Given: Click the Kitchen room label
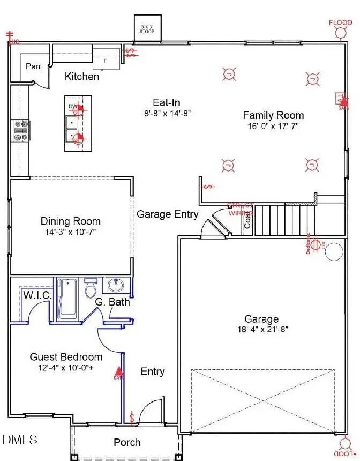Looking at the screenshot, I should point(82,77).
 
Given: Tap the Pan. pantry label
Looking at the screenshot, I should point(34,67).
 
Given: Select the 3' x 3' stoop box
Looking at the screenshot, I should point(147,28).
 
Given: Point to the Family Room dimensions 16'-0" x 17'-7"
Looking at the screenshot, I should point(273,127).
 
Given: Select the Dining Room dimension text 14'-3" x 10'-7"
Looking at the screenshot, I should point(70,233).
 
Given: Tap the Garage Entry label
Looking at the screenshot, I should point(167,214).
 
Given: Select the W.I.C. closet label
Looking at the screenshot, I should point(37,295).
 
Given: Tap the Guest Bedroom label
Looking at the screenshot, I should point(66,357).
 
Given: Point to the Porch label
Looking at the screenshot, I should point(127,442).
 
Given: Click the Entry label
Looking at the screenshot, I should point(153,371).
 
